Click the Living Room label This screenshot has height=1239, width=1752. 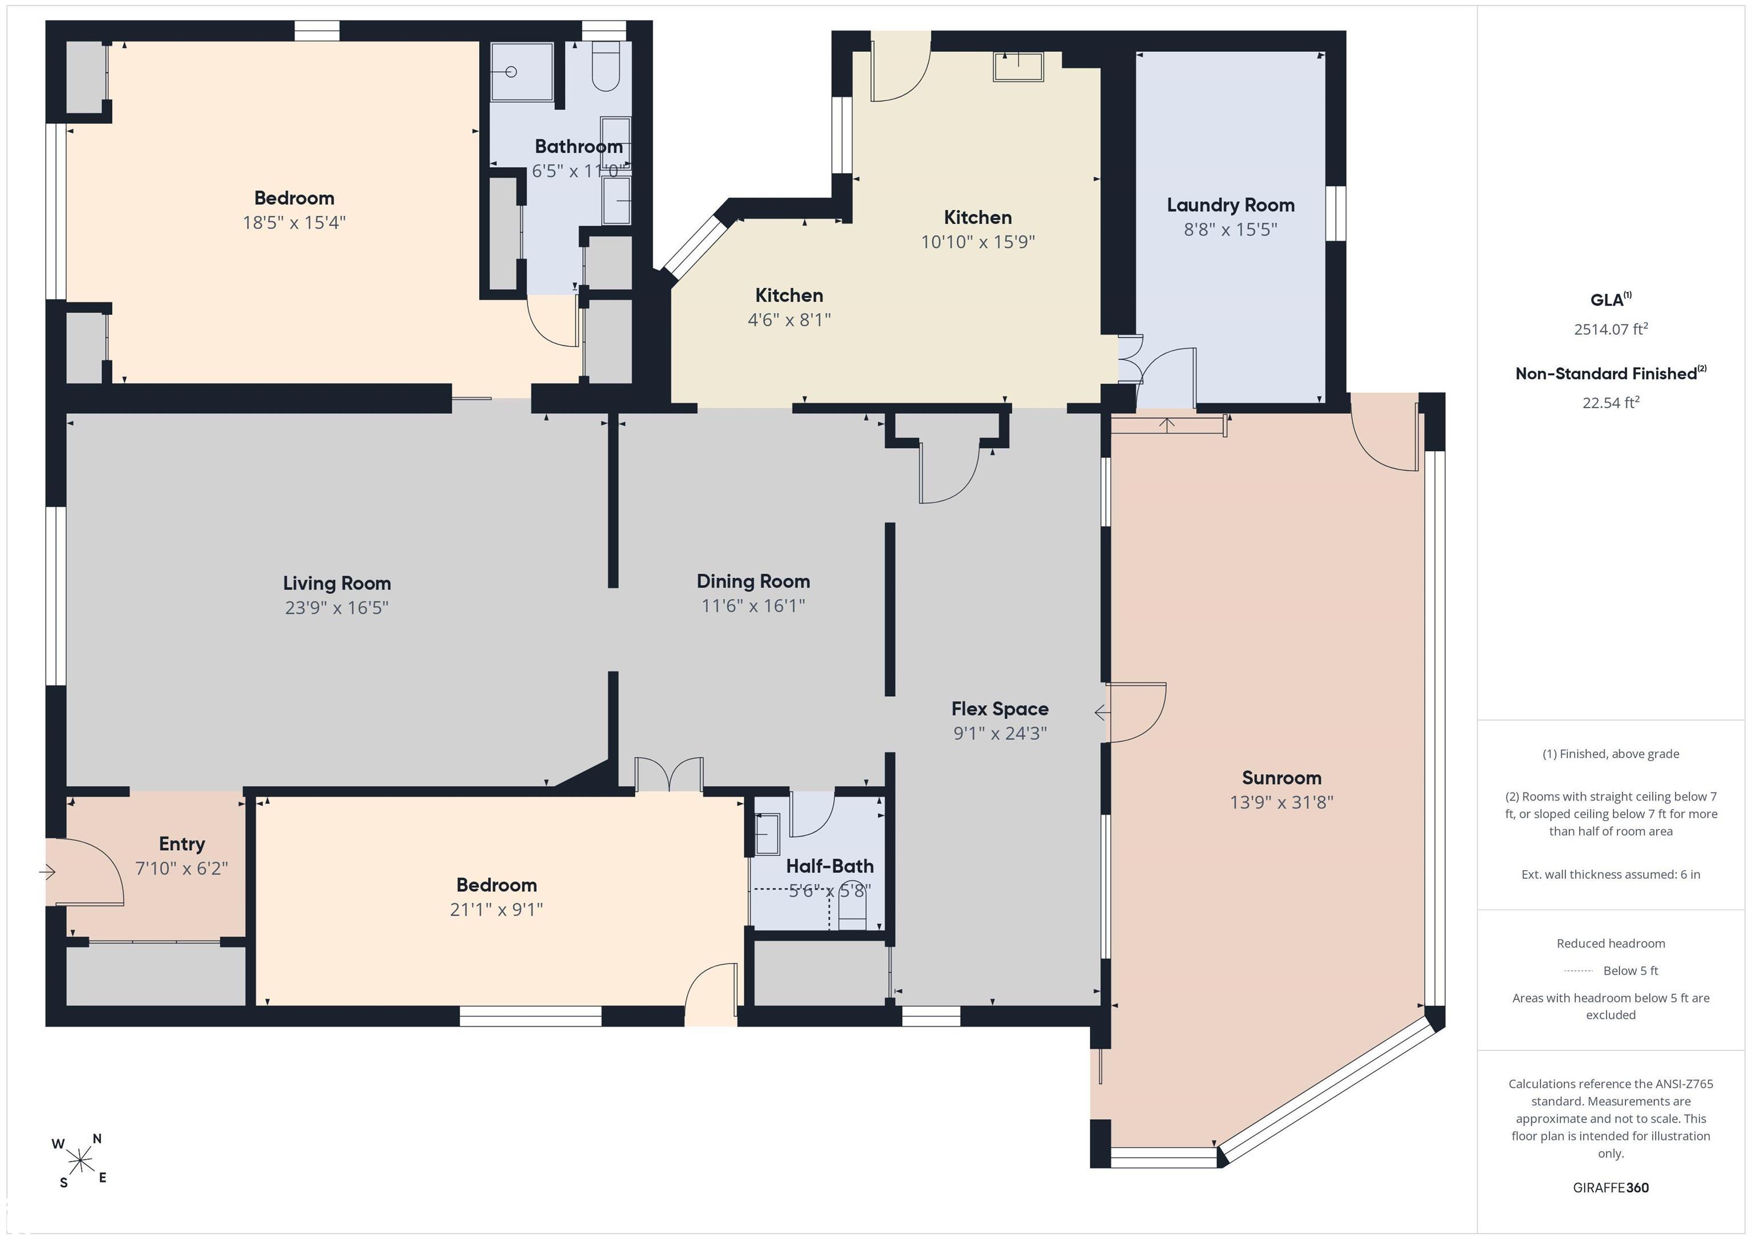336,584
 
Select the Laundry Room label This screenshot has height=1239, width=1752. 1230,205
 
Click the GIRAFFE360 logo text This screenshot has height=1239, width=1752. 1611,1188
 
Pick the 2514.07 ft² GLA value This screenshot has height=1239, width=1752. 1611,329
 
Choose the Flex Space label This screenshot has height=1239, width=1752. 1000,709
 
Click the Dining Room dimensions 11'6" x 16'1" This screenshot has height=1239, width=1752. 753,606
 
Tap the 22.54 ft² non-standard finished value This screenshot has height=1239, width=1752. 1611,402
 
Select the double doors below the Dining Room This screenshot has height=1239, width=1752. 669,774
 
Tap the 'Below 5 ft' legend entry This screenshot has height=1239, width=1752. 1631,970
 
